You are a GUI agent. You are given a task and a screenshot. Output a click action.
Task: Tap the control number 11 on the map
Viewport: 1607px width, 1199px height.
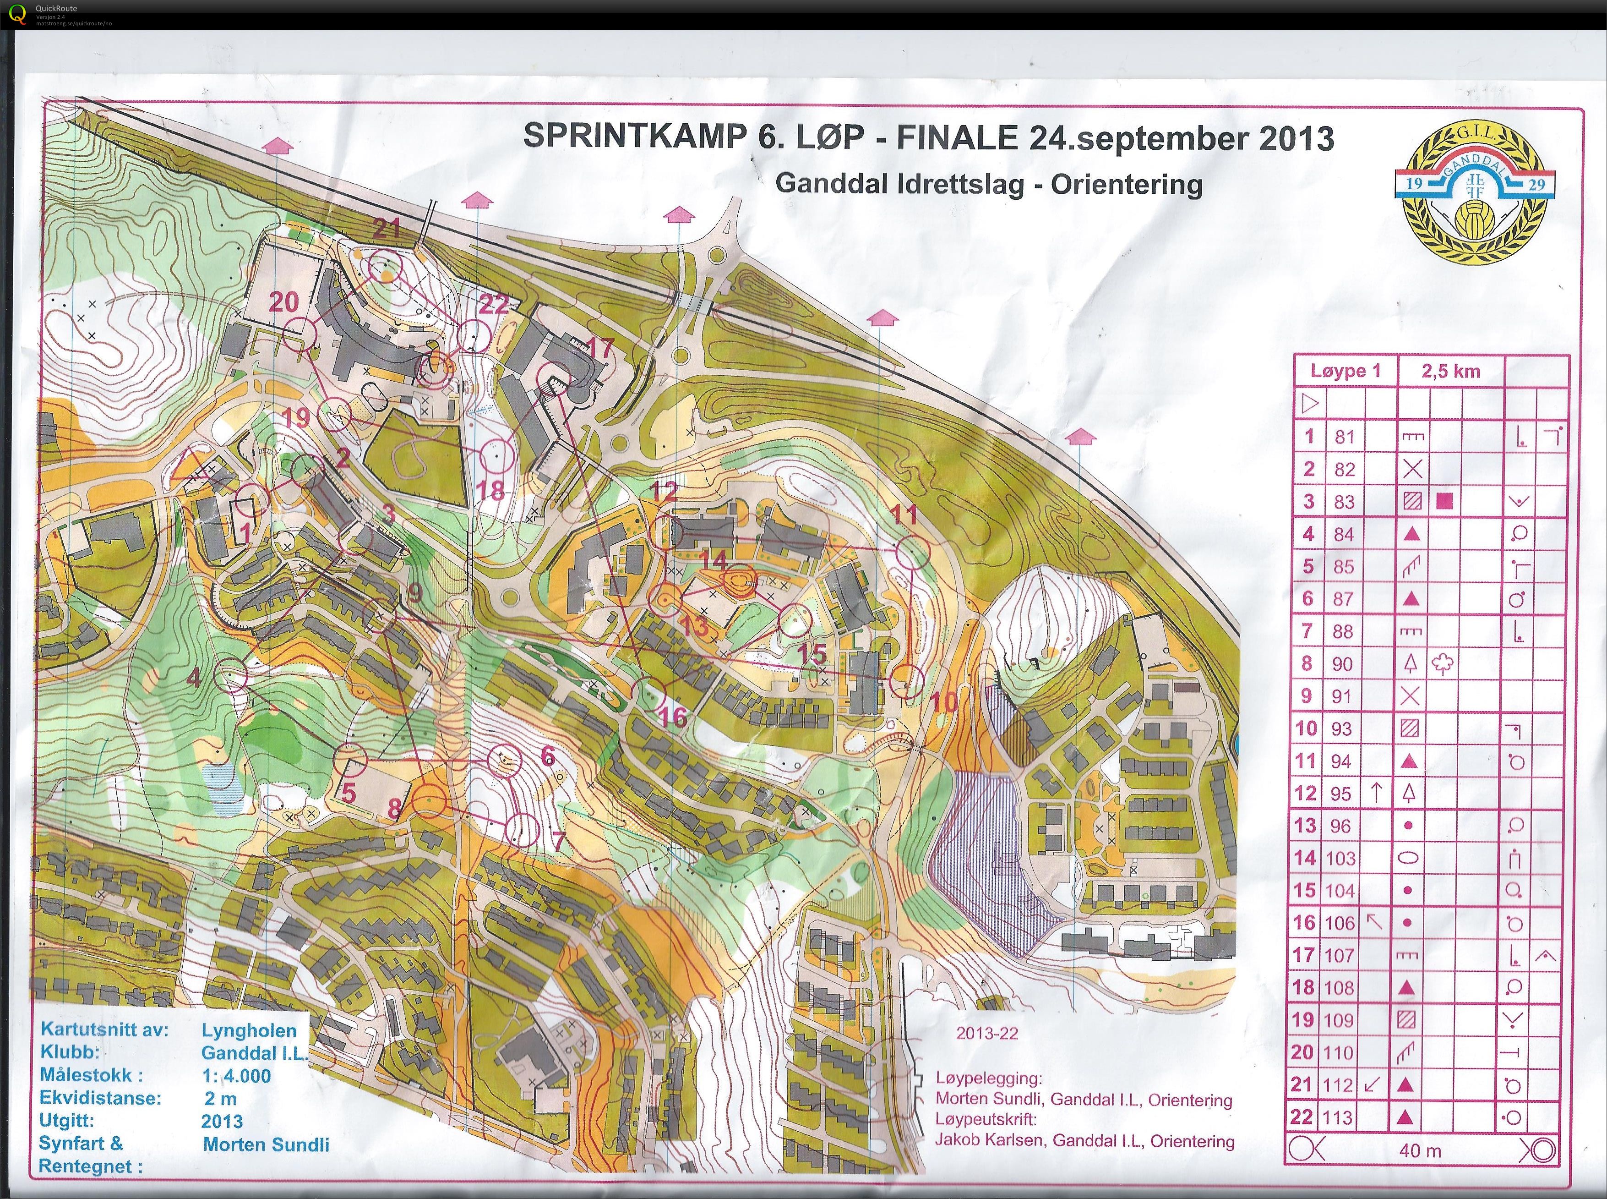tap(904, 515)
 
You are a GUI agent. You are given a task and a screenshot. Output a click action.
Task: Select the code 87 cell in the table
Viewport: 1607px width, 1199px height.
tap(1343, 599)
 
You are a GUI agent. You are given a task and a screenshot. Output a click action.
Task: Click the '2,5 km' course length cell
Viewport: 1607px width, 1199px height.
tap(1450, 372)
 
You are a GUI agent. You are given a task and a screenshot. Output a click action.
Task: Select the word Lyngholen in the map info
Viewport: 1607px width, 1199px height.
tap(249, 1030)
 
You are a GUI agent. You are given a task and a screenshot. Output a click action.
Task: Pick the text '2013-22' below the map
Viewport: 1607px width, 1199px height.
tap(987, 1034)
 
